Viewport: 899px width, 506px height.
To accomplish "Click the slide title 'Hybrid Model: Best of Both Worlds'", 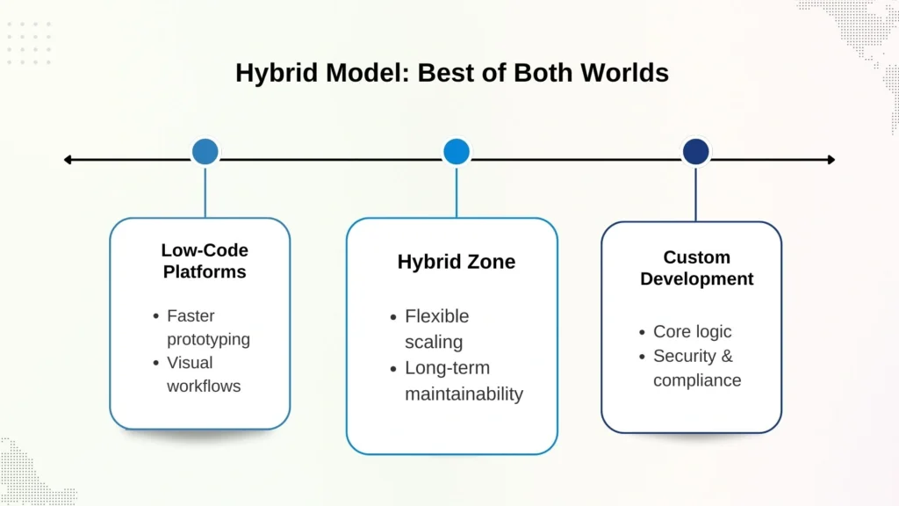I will pyautogui.click(x=451, y=73).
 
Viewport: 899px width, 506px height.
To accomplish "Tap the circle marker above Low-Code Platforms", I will pyautogui.click(x=205, y=151).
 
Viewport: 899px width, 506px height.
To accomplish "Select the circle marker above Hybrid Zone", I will pyautogui.click(x=457, y=151).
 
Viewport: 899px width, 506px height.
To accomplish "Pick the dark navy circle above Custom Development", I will pyautogui.click(x=695, y=151).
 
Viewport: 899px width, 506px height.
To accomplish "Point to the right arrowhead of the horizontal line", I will pyautogui.click(x=830, y=160).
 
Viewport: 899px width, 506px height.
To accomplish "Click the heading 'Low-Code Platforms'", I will pyautogui.click(x=205, y=261).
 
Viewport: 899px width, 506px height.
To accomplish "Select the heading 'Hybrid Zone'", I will pyautogui.click(x=457, y=262).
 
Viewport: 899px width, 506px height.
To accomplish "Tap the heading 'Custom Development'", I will pyautogui.click(x=696, y=268).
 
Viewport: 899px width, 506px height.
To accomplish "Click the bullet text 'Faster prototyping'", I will pyautogui.click(x=207, y=327).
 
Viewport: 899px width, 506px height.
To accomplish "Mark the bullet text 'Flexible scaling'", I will pyautogui.click(x=436, y=328).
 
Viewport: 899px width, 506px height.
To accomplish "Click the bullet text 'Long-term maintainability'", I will pyautogui.click(x=463, y=380).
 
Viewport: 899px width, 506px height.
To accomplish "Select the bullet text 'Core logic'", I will pyautogui.click(x=692, y=331).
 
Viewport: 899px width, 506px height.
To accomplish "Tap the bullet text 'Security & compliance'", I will pyautogui.click(x=696, y=367).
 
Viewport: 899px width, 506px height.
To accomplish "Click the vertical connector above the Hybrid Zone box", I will pyautogui.click(x=457, y=192).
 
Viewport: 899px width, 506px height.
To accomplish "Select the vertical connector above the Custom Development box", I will pyautogui.click(x=695, y=193).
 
